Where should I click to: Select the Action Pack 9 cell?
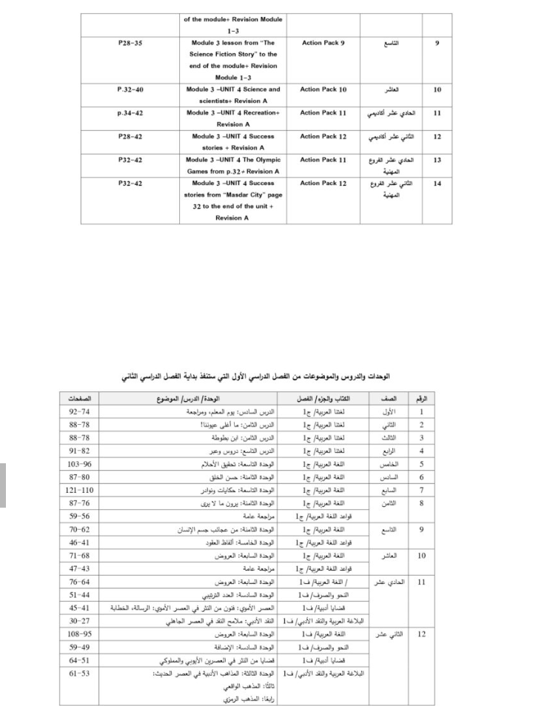(324, 43)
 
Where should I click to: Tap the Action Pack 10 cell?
(324, 90)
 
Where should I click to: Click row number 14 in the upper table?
(438, 183)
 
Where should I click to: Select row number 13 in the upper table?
(438, 160)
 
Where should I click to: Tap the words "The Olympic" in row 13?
(261, 160)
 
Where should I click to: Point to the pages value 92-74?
(79, 412)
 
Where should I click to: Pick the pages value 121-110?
(79, 491)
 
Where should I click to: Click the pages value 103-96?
(79, 465)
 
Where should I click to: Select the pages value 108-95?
(79, 635)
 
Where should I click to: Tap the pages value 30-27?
(79, 622)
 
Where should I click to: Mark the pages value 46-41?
(79, 542)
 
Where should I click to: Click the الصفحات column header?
(79, 399)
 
